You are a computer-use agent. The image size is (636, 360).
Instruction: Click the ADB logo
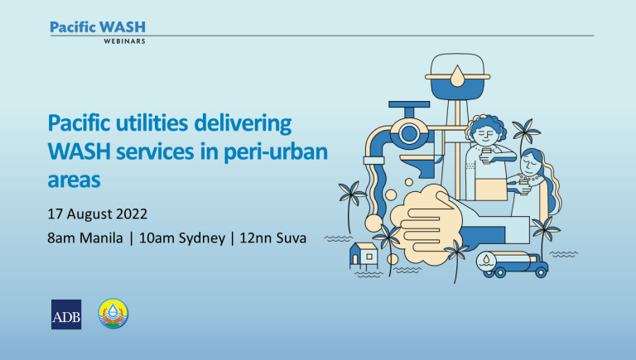tap(66, 314)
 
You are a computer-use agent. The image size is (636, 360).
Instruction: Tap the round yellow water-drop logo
tap(113, 314)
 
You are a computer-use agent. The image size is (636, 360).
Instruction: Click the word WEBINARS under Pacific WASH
tap(124, 41)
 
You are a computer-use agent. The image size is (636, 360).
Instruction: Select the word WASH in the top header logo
tap(122, 27)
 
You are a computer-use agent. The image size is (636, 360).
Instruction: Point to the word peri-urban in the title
tap(276, 152)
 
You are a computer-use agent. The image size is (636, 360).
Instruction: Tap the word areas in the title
tap(74, 180)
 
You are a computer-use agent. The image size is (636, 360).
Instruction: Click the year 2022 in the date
tap(132, 214)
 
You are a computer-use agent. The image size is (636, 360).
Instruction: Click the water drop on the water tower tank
tap(457, 76)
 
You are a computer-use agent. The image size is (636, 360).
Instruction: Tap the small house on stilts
tap(364, 256)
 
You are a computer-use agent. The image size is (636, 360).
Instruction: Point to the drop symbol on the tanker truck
tap(486, 259)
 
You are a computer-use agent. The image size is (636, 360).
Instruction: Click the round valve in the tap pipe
tap(408, 133)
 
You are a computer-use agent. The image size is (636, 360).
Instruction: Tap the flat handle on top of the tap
tap(409, 104)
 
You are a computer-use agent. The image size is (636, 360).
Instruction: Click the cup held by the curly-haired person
tap(486, 156)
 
